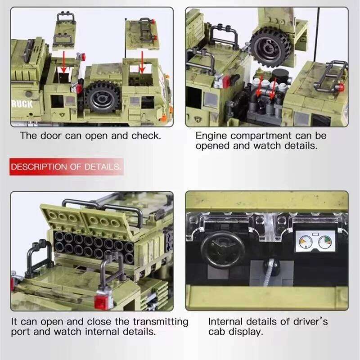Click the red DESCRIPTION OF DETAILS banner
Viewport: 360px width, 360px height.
point(66,166)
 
